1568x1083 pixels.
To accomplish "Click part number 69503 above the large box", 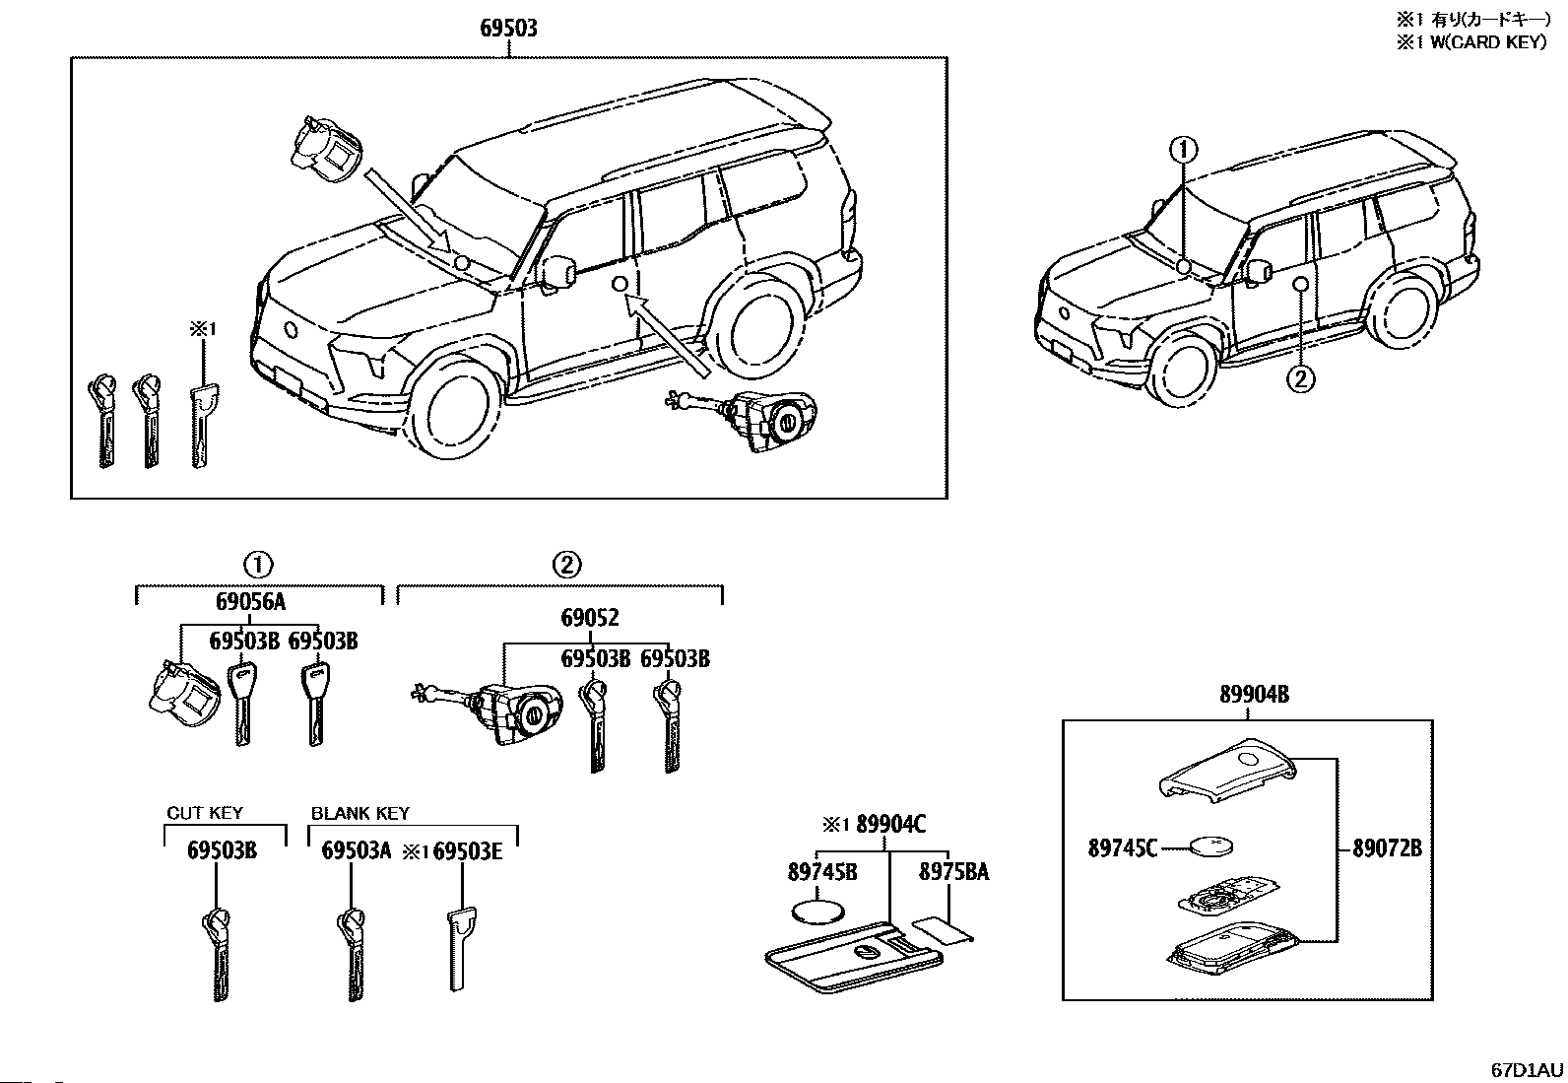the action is click(x=508, y=28).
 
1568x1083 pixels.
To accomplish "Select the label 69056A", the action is click(x=250, y=602).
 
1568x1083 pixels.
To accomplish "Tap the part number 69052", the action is click(x=590, y=618).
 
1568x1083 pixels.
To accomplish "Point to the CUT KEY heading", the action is click(x=205, y=813).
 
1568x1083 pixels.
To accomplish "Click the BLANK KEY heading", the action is click(x=359, y=813).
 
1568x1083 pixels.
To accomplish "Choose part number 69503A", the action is click(x=357, y=850).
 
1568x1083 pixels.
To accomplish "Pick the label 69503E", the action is click(x=468, y=850).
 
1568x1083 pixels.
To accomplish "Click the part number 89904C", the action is click(x=891, y=825).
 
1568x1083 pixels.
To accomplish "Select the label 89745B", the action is click(x=822, y=872).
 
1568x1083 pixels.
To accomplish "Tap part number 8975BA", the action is click(x=954, y=872).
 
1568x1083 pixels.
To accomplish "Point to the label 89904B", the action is click(x=1255, y=694).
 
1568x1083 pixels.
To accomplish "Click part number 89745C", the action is click(x=1123, y=848).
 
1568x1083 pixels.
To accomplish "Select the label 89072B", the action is click(x=1388, y=848).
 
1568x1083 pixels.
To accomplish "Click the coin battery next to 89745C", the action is click(x=1212, y=846).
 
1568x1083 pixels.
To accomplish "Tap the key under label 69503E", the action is click(x=459, y=949).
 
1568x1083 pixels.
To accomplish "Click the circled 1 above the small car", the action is click(x=1184, y=149).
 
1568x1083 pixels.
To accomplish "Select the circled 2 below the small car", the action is click(x=1301, y=379).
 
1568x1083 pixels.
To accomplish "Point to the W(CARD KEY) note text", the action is click(x=1488, y=42).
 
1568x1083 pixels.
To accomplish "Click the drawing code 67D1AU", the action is click(x=1527, y=1069).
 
